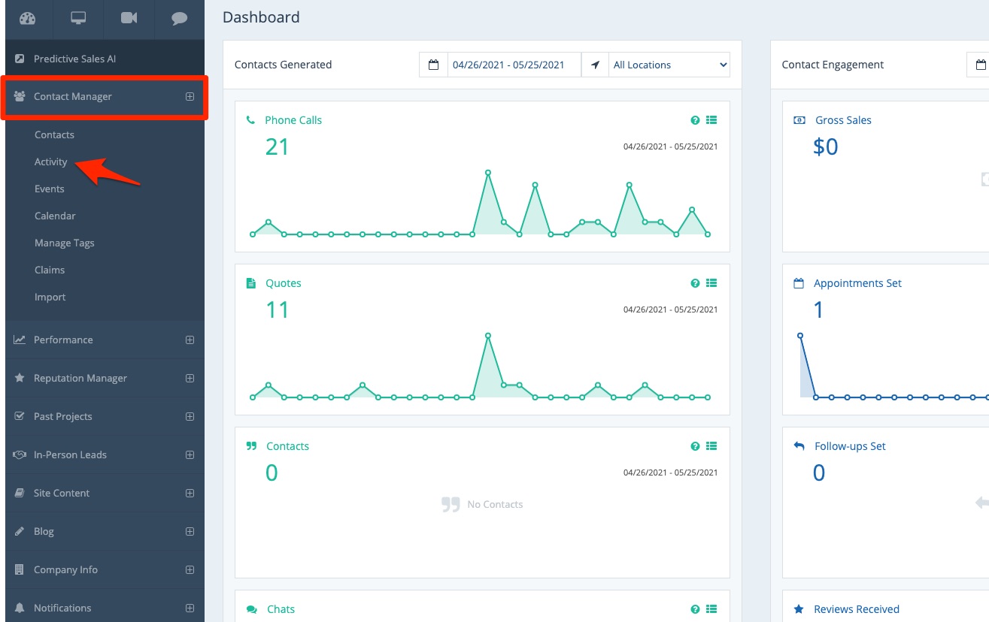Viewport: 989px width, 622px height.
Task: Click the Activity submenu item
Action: point(51,162)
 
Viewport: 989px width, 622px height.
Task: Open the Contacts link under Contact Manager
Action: point(54,134)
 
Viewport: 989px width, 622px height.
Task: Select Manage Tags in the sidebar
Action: point(65,243)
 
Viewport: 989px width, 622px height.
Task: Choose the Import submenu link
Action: point(50,297)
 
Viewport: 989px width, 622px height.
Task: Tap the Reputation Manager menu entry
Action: point(80,378)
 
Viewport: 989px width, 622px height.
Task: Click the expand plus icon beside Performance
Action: point(190,340)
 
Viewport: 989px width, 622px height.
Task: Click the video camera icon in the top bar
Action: point(129,19)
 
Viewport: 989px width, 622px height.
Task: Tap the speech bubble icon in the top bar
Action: point(179,19)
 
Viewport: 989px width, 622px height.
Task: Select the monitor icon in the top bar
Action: point(78,19)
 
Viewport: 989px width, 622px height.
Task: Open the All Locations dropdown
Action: point(669,65)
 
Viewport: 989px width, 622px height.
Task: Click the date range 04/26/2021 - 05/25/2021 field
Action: point(508,65)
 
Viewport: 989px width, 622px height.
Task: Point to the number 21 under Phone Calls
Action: point(277,146)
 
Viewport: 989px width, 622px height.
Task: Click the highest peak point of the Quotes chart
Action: point(488,335)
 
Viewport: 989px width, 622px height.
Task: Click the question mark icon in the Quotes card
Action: point(695,283)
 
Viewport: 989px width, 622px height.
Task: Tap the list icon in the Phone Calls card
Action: point(711,120)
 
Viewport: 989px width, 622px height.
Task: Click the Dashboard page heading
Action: point(261,17)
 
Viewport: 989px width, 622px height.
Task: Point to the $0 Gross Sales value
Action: point(825,146)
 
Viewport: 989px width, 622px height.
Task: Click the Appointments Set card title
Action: point(857,283)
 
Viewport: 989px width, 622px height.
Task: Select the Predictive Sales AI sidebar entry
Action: point(74,59)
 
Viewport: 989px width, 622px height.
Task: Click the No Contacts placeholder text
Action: point(495,504)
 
